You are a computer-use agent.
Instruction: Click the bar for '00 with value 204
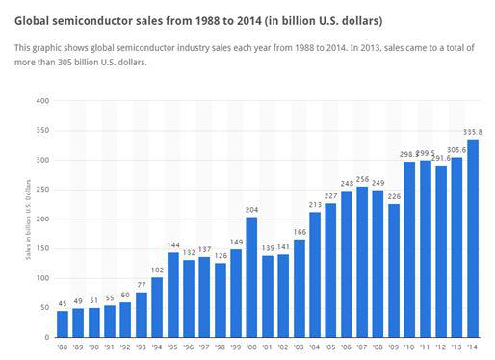click(x=251, y=277)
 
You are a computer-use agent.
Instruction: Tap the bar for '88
click(x=63, y=324)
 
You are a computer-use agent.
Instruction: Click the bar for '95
click(x=173, y=295)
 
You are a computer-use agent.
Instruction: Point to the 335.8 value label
click(x=473, y=133)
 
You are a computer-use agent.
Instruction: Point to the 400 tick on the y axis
click(x=42, y=100)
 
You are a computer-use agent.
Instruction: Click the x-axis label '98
click(x=221, y=347)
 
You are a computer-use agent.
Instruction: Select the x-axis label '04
click(x=314, y=347)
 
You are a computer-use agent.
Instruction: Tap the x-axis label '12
click(x=440, y=347)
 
